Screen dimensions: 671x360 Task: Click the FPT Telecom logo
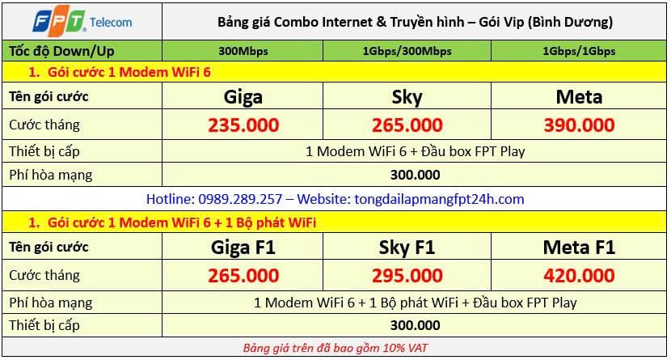(82, 20)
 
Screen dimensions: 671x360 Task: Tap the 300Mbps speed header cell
(243, 51)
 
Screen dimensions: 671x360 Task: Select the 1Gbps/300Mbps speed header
(407, 51)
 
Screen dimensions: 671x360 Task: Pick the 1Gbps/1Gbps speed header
(579, 51)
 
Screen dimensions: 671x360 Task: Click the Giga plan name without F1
(243, 97)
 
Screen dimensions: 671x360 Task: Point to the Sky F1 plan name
(407, 248)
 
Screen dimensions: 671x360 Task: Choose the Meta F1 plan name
(579, 248)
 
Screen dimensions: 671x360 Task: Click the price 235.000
(243, 125)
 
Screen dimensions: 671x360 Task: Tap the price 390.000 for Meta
(579, 125)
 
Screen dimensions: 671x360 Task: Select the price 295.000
(407, 276)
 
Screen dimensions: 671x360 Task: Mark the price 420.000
(579, 276)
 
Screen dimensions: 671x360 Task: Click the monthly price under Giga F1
(243, 276)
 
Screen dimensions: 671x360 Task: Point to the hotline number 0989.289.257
(240, 199)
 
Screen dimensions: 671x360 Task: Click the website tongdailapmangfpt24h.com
(439, 199)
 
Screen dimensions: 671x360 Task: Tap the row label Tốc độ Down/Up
(61, 51)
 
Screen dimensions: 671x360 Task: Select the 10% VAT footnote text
(335, 348)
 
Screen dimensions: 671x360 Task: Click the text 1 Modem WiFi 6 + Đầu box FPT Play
(415, 151)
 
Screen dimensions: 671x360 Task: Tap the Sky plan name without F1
(407, 98)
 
